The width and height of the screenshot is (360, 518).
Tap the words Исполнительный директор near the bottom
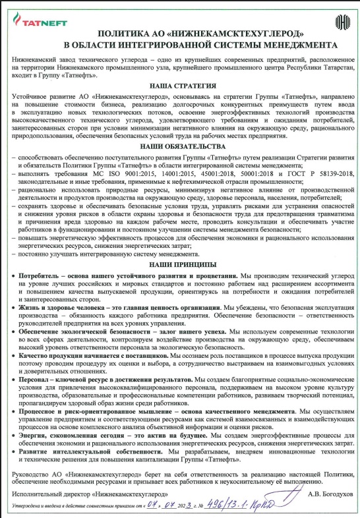[47, 492]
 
